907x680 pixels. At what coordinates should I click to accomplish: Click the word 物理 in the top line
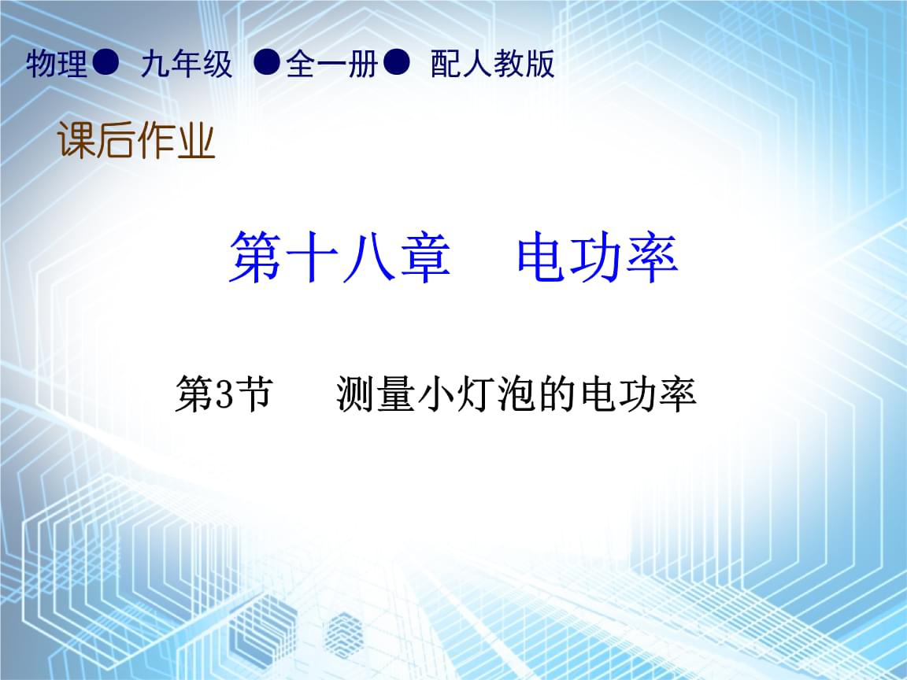(x=56, y=63)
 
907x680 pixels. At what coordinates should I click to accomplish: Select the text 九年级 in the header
(x=187, y=63)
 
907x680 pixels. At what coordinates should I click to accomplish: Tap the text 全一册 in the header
(x=332, y=63)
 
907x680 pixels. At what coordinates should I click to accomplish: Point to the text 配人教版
(x=493, y=63)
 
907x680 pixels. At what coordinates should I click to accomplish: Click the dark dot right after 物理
(x=106, y=61)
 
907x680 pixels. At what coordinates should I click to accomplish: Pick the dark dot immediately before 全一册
(x=267, y=61)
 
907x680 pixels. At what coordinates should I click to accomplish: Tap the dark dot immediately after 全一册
(x=397, y=61)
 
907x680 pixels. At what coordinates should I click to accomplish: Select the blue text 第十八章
(x=339, y=257)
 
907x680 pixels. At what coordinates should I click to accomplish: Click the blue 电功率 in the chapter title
(x=598, y=257)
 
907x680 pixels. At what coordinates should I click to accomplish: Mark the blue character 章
(x=424, y=257)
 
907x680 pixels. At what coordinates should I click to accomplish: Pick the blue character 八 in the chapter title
(x=368, y=257)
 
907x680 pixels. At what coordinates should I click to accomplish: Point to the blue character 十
(x=312, y=257)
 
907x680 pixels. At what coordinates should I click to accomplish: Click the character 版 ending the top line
(x=539, y=63)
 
